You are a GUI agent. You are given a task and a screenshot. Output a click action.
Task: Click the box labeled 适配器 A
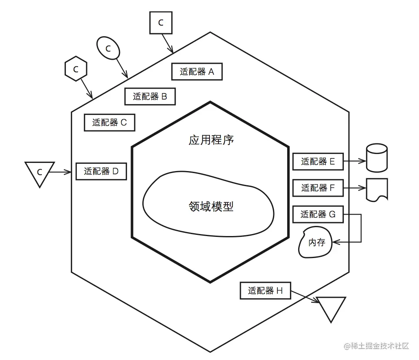tap(197, 72)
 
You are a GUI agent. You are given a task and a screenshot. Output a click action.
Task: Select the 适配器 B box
tap(150, 97)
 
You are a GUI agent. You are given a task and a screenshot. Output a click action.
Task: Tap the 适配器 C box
tap(109, 122)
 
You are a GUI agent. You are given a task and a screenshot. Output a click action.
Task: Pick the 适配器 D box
tap(101, 171)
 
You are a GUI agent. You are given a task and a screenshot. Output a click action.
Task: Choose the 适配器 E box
tap(318, 162)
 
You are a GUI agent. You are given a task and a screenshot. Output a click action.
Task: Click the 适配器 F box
tap(318, 188)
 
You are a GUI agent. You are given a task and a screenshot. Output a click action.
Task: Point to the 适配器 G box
tap(318, 214)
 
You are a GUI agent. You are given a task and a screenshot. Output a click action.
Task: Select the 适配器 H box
tap(265, 291)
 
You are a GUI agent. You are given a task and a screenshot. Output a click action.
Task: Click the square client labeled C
tap(161, 23)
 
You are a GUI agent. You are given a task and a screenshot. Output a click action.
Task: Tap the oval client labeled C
tap(108, 48)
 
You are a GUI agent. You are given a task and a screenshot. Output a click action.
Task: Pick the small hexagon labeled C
tap(76, 69)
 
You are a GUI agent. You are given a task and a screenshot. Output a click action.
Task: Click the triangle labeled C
tap(39, 172)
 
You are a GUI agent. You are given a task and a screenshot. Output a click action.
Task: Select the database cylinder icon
tap(377, 157)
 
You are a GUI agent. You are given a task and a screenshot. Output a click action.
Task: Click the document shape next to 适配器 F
tap(377, 189)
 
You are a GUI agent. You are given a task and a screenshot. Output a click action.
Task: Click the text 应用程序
tap(211, 141)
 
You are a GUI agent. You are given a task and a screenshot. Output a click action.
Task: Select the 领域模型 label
tap(211, 206)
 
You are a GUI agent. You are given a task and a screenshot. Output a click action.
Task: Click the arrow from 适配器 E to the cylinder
tap(355, 162)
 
